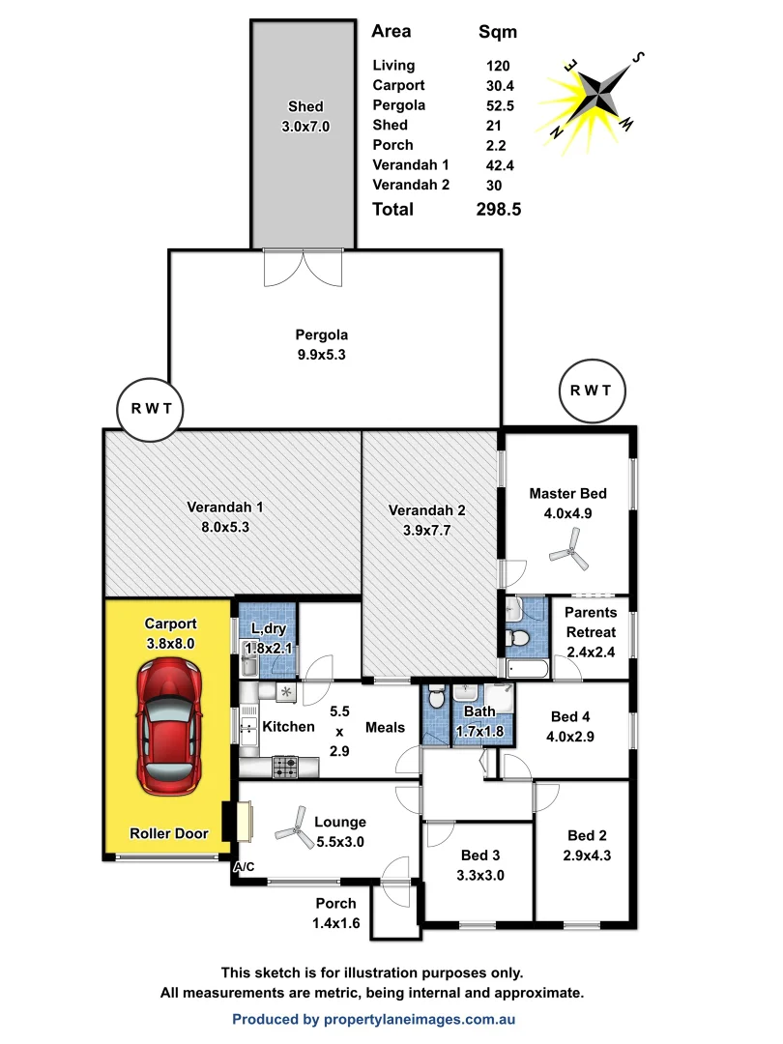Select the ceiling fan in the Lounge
(290, 827)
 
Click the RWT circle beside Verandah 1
(151, 408)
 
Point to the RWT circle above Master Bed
(592, 391)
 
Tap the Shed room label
(305, 106)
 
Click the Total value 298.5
(500, 210)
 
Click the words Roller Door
(169, 833)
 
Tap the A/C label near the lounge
(245, 867)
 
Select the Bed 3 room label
(480, 855)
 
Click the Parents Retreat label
(590, 623)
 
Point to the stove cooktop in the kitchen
(285, 767)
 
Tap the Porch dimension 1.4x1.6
(337, 922)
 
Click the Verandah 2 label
(427, 510)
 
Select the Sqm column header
(498, 32)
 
